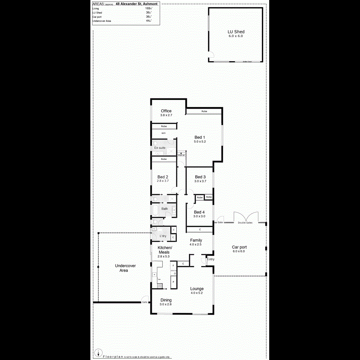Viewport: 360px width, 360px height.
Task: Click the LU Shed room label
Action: click(236, 32)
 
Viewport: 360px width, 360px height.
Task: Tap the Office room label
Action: click(166, 111)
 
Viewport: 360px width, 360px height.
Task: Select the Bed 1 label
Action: click(200, 137)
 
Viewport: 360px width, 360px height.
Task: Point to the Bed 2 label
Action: click(162, 177)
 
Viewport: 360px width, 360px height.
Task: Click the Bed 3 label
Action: click(200, 177)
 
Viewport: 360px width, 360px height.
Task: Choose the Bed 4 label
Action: click(199, 212)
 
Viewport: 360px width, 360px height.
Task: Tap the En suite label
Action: click(160, 148)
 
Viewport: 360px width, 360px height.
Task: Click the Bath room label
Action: click(164, 209)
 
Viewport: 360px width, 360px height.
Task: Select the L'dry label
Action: click(163, 236)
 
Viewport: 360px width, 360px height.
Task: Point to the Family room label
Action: click(196, 240)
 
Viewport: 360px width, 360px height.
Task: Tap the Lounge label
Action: click(197, 288)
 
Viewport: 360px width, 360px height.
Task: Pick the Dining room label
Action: click(166, 300)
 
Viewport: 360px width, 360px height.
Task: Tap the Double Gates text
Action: click(245, 222)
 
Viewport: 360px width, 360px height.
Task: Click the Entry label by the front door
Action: click(211, 259)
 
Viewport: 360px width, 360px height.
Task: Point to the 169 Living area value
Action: click(148, 8)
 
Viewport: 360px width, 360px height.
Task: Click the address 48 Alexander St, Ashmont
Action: click(136, 4)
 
